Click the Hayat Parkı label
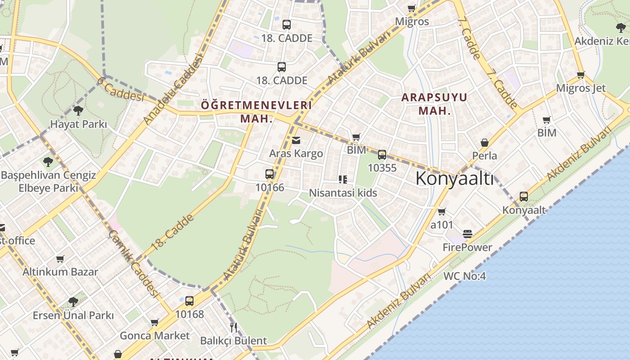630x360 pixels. coord(78,124)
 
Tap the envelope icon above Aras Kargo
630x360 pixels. coord(296,140)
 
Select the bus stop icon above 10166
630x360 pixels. coord(270,174)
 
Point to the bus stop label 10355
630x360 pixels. coord(382,168)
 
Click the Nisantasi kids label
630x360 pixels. coord(343,193)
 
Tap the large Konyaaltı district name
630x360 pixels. coord(454,179)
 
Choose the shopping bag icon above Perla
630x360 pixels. coord(485,143)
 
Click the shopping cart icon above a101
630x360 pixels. coord(442,211)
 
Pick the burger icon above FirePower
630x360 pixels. coord(468,234)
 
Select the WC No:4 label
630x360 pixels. coord(465,276)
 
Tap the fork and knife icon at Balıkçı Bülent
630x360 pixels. coord(233,327)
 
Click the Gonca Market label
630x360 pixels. coord(155,336)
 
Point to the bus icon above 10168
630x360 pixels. coord(189,301)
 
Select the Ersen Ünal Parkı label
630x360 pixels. coord(73,315)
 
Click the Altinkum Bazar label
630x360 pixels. coord(60,272)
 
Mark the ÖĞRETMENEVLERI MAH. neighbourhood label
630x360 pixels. coord(256,112)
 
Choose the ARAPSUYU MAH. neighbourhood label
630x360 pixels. coord(434,103)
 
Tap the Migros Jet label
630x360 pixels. coord(581,88)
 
